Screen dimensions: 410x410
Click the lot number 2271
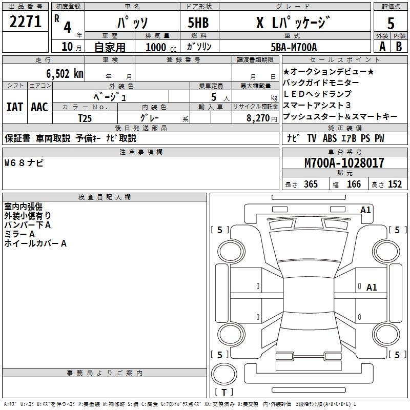point(25,22)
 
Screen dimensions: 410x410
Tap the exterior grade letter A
point(381,46)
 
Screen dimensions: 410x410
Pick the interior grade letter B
point(399,46)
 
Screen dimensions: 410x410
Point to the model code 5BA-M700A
point(294,47)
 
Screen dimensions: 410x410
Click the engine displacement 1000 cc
point(161,47)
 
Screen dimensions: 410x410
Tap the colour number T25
point(85,117)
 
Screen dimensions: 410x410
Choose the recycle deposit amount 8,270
point(259,117)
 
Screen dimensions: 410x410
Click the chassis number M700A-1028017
point(344,163)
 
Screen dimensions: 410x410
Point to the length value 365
point(311,184)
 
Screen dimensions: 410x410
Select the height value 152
point(395,184)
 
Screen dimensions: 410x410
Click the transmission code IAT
point(14,107)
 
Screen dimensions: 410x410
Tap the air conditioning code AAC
point(39,107)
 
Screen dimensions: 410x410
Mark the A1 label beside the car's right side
point(372,288)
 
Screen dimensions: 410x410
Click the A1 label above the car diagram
point(365,210)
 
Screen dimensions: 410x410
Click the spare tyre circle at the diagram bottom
point(224,374)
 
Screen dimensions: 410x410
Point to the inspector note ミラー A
point(19,234)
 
